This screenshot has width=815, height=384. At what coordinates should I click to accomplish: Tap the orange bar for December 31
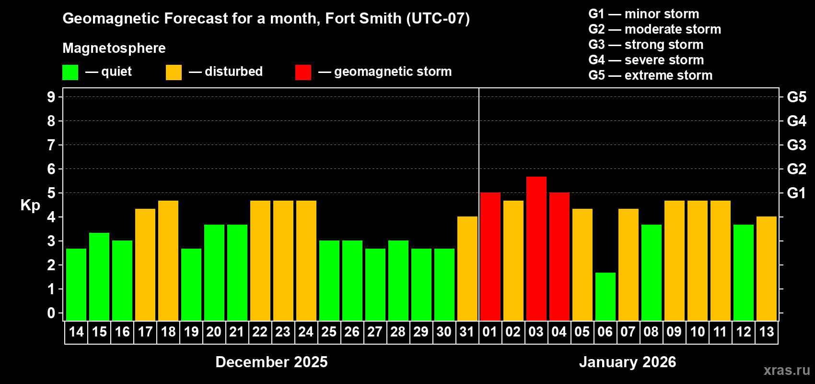[467, 269]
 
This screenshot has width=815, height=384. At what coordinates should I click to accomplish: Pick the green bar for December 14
[76, 285]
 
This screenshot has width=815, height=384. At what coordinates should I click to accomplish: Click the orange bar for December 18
[168, 261]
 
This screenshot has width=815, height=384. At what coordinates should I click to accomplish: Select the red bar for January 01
[490, 257]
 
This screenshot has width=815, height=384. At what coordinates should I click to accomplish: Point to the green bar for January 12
[743, 273]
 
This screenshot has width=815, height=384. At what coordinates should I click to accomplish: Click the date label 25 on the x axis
[329, 332]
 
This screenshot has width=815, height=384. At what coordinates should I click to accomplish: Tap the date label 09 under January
[674, 332]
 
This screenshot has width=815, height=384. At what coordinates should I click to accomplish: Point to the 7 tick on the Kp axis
[51, 145]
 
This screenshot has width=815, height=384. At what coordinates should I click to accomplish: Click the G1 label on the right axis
[796, 193]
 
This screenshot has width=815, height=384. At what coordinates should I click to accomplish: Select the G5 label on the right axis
[796, 97]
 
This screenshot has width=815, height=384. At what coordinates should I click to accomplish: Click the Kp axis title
[30, 205]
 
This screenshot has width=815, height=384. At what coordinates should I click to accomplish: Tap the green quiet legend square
[70, 72]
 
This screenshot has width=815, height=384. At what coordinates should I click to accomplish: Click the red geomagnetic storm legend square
[303, 72]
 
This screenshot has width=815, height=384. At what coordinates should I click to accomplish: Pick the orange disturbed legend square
[174, 72]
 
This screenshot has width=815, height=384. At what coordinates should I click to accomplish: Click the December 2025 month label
[271, 362]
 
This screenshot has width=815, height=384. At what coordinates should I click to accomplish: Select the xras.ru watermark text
[786, 370]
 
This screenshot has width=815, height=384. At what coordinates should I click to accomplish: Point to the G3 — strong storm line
[646, 45]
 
